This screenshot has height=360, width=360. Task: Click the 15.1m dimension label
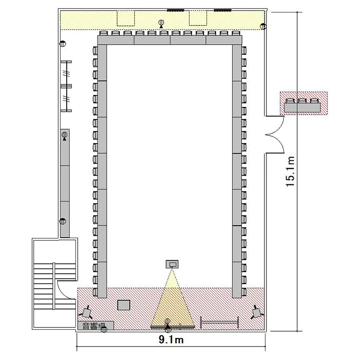pyautogui.click(x=290, y=171)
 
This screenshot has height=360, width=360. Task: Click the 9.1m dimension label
pyautogui.click(x=171, y=339)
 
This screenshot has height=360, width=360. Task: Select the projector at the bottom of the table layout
pyautogui.click(x=172, y=264)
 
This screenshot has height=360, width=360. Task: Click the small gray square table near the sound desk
pyautogui.click(x=124, y=305)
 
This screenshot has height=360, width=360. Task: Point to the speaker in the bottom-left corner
pyautogui.click(x=86, y=312)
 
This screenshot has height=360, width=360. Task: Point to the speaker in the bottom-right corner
pyautogui.click(x=257, y=312)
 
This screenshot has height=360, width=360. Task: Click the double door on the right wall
pyautogui.click(x=275, y=134)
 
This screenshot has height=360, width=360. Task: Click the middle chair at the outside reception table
pyautogui.click(x=302, y=101)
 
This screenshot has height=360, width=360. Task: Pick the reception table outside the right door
pyautogui.click(x=302, y=108)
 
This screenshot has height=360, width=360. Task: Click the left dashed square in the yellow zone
pyautogui.click(x=126, y=18)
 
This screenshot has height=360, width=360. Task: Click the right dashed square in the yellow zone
pyautogui.click(x=198, y=18)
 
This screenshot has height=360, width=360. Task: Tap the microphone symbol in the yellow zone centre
pyautogui.click(x=161, y=24)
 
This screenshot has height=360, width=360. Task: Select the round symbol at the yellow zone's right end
pyautogui.click(x=263, y=26)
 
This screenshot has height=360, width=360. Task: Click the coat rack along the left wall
pyautogui.click(x=67, y=86)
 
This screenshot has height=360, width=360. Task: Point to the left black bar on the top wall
pyautogui.click(x=176, y=10)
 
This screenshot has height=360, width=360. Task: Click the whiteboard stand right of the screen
pyautogui.click(x=219, y=323)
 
